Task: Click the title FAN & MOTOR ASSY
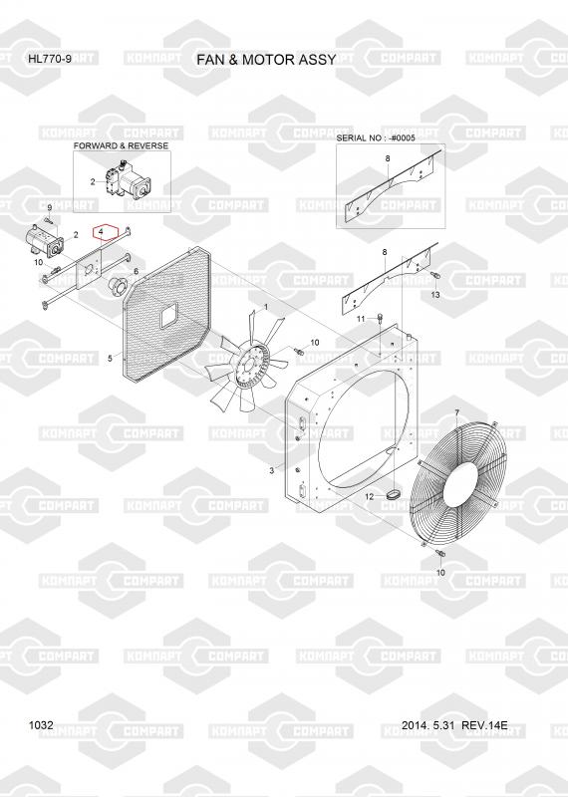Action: click(266, 60)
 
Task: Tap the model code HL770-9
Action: click(50, 59)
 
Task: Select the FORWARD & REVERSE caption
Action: click(121, 145)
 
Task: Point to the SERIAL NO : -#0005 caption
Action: click(376, 137)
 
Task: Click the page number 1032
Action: click(41, 725)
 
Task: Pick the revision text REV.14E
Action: click(484, 725)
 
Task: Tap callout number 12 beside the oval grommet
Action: click(370, 496)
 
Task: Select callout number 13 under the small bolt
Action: click(435, 295)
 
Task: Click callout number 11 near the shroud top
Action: click(361, 319)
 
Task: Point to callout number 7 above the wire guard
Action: click(456, 412)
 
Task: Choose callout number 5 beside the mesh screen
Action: click(110, 359)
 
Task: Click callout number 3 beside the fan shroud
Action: click(271, 470)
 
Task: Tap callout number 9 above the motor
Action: click(49, 208)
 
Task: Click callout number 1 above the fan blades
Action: click(265, 308)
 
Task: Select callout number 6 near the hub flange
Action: click(136, 272)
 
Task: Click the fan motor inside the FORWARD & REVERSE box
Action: click(129, 181)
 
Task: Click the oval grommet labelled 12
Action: click(394, 493)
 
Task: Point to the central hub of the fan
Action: click(250, 364)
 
